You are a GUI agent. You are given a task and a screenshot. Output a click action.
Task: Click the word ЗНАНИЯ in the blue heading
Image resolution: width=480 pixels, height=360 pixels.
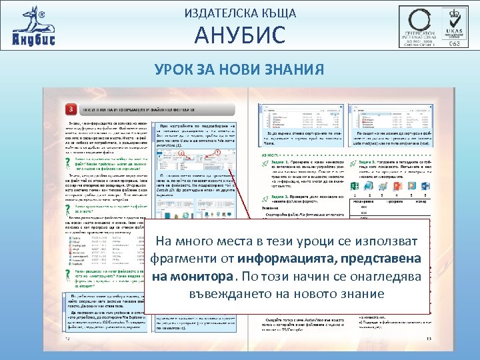coord(297,69)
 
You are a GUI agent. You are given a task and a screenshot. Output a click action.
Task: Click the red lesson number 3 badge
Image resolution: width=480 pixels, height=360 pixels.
coord(71,109)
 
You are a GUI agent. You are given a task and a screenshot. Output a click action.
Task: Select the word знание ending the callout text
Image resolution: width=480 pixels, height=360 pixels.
coord(362,293)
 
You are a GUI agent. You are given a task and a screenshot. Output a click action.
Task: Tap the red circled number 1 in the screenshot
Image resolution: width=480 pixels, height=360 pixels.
coord(218,153)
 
